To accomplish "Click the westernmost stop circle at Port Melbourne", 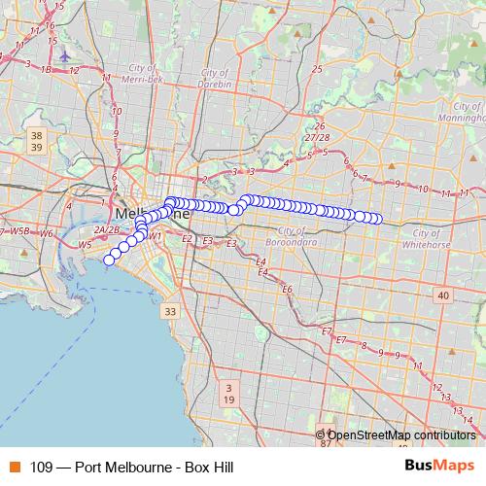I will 109,259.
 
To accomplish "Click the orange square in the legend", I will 13,468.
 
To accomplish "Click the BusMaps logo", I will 445,467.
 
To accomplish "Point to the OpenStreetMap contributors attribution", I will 401,434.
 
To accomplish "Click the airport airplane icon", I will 65,56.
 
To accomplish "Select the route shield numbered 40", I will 443,295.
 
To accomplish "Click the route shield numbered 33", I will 171,311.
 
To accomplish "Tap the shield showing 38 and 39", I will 37,140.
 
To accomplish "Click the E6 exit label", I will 287,290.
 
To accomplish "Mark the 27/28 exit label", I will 316,138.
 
